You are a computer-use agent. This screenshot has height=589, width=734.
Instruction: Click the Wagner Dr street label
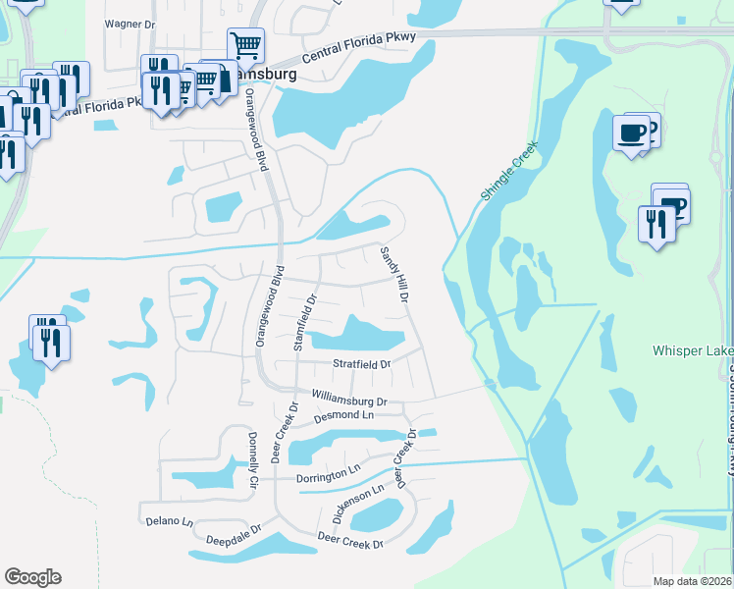click(x=131, y=23)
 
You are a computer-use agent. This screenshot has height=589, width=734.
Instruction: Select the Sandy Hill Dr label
click(x=393, y=273)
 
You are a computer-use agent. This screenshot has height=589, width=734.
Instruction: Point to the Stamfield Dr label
click(x=305, y=320)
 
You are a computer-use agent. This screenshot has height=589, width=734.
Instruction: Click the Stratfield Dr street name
click(x=362, y=364)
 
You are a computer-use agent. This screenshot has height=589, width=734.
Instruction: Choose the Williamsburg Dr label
click(x=350, y=400)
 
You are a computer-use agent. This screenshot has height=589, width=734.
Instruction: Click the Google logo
click(x=32, y=577)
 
